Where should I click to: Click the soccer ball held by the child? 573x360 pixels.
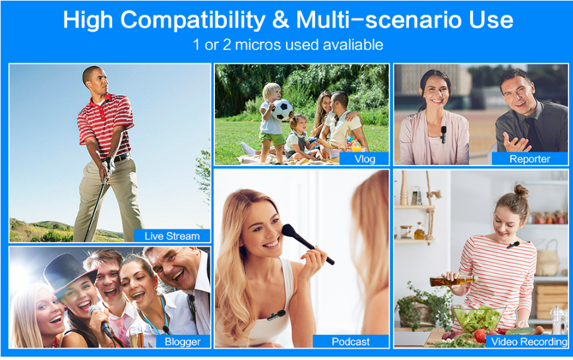(x=282, y=109)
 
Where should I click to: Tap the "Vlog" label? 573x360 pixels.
(x=365, y=159)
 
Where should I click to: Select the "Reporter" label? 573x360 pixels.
(x=529, y=159)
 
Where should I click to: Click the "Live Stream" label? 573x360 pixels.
(x=172, y=236)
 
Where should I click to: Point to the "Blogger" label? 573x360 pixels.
(x=183, y=342)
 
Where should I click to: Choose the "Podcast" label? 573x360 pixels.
(x=350, y=342)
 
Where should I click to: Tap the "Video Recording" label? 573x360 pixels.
(x=529, y=342)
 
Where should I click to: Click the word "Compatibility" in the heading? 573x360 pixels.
(x=193, y=20)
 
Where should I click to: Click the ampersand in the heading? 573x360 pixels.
(x=280, y=20)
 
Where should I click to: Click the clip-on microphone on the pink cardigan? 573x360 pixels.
(x=443, y=134)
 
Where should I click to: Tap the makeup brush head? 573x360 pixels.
(x=290, y=231)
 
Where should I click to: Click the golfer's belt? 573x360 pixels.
(x=117, y=159)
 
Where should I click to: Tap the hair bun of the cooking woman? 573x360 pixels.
(x=521, y=191)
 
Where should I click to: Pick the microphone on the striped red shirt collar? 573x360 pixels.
(x=513, y=245)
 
